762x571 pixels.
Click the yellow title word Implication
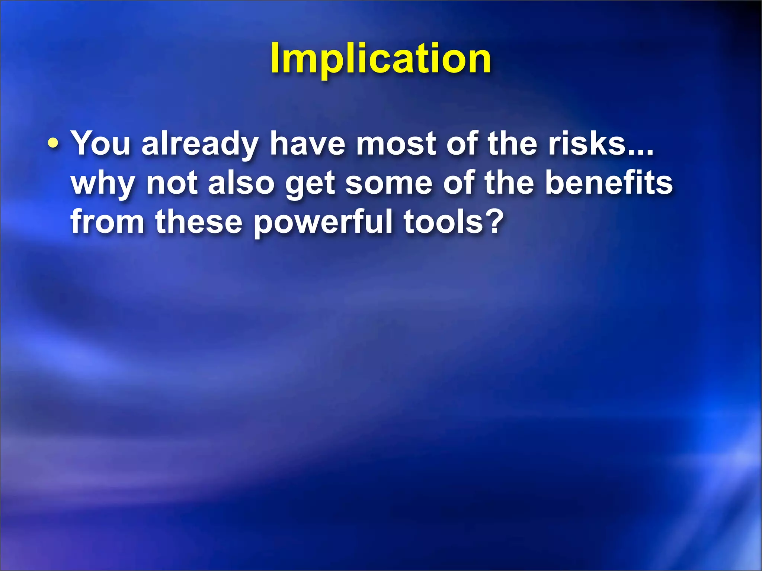tap(381, 59)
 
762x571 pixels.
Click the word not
tap(172, 183)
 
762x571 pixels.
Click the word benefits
tap(609, 183)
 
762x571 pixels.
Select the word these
tap(199, 222)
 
